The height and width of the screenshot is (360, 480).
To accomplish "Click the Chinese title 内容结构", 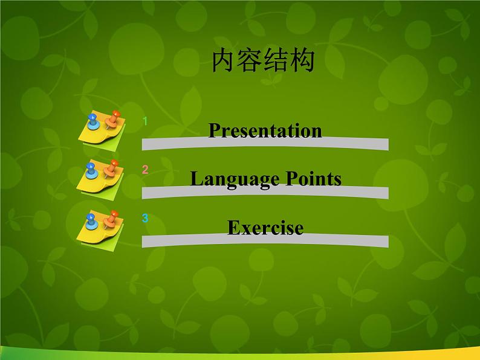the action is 263,62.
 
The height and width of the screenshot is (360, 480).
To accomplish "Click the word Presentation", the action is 265,130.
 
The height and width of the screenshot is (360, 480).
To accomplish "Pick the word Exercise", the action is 265,228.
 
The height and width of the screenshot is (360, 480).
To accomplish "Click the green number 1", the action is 145,121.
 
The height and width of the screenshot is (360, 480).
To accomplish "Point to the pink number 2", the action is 145,170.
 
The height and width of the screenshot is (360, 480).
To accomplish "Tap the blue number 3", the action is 145,218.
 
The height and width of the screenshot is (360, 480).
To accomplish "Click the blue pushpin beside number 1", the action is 92,121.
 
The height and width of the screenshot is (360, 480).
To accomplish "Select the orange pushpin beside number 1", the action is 112,119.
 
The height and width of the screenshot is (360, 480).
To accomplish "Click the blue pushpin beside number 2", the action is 91,170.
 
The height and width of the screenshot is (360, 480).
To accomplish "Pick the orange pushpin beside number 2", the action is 111,169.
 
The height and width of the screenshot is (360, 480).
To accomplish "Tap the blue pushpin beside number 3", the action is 91,221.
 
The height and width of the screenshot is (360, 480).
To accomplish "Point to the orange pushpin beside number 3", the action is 111,219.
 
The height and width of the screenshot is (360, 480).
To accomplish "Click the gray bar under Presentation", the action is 265,144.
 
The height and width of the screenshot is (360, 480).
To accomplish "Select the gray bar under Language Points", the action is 265,193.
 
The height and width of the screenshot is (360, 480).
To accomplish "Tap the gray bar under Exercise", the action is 265,241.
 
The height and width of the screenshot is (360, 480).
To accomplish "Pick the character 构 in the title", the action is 302,62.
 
